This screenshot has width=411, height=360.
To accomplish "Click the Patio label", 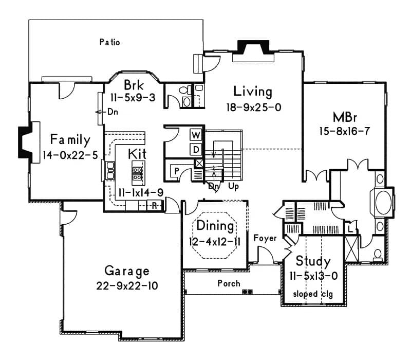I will (109, 43).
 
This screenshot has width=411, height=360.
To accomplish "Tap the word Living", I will (252, 92).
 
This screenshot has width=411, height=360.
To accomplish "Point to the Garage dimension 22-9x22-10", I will (126, 285).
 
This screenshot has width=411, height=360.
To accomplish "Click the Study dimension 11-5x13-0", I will (313, 276).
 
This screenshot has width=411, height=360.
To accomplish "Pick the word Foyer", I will (265, 238).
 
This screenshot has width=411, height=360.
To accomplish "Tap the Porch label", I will (229, 283).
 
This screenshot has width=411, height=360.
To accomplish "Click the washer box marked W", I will (196, 135).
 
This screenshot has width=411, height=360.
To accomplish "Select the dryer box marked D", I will (196, 149).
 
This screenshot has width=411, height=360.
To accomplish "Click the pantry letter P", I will (176, 170).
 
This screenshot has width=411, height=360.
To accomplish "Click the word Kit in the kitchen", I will (137, 153).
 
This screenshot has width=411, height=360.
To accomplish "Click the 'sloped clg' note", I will (313, 294).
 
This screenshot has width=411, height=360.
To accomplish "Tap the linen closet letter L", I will (349, 226).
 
